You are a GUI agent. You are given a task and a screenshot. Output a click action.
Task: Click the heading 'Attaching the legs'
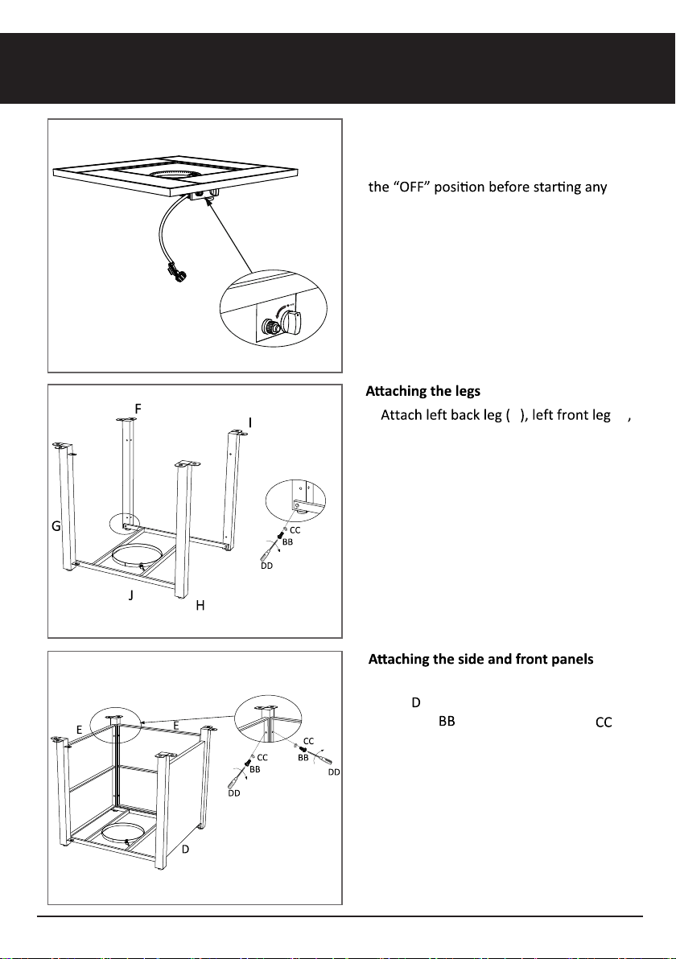422,391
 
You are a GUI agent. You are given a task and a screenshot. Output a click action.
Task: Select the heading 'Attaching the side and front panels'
481,659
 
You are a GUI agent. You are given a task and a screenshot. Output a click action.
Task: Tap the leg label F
138,409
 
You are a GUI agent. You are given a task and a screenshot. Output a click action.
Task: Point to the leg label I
250,422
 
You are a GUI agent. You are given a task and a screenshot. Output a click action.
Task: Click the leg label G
56,525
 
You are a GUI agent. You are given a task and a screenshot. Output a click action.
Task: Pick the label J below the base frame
131,595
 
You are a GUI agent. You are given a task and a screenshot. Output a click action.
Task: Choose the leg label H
200,606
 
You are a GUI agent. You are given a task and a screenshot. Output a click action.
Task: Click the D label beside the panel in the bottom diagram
185,850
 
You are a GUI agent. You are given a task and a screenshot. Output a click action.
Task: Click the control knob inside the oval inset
289,322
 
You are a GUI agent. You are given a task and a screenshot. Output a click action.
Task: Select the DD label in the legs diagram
266,566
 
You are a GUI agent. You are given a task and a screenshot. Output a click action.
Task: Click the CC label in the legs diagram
295,530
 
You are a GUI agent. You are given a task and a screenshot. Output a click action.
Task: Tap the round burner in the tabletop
177,175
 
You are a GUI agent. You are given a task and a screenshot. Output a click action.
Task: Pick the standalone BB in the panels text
447,722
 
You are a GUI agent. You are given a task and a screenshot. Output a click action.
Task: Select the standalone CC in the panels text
604,723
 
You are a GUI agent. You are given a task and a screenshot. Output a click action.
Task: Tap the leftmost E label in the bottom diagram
79,730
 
